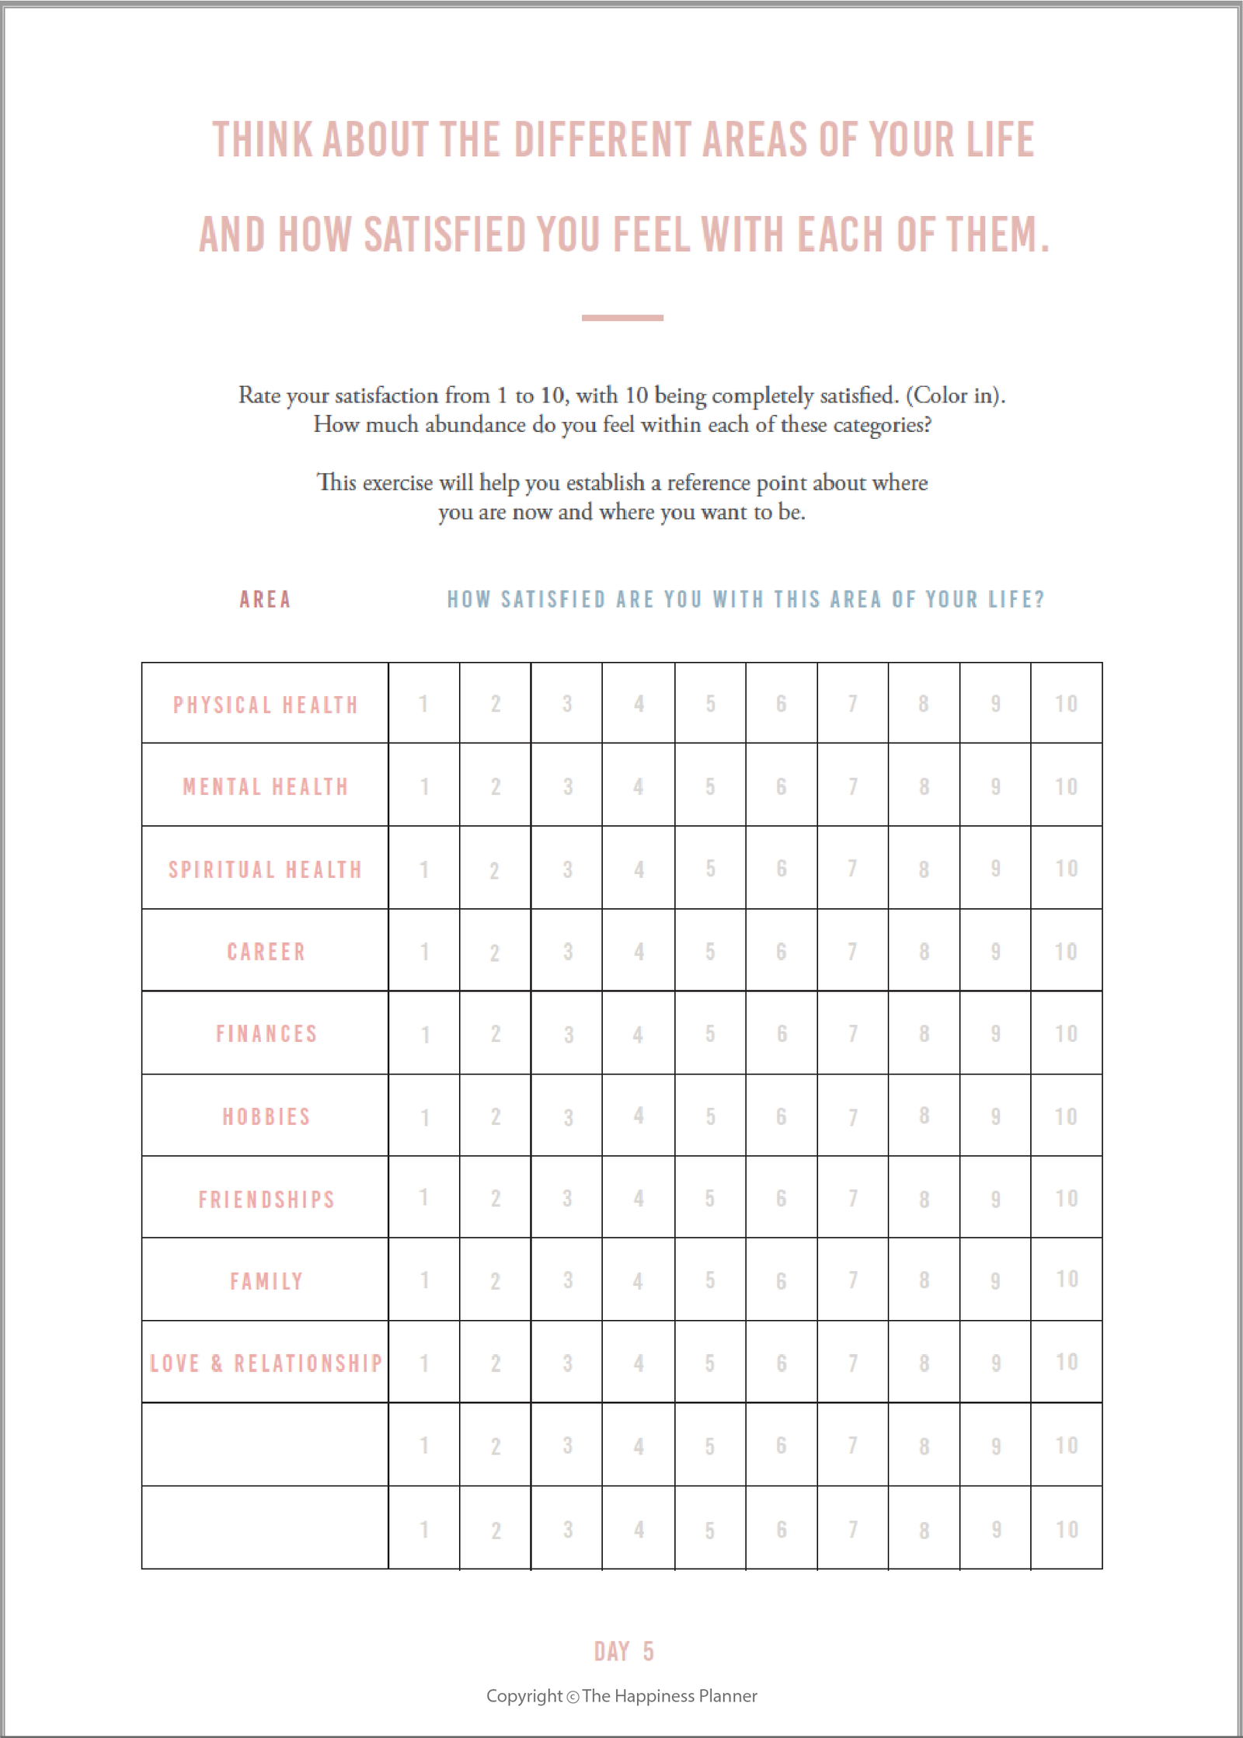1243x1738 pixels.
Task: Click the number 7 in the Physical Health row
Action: tap(852, 704)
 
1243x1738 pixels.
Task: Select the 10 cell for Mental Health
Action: tap(1066, 786)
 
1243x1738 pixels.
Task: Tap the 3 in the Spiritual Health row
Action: tap(567, 869)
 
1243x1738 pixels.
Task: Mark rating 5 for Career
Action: tap(710, 952)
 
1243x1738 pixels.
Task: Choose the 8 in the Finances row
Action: tap(924, 1034)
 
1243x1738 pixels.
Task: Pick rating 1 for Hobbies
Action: tap(425, 1117)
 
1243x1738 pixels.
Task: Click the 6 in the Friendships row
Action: tap(782, 1199)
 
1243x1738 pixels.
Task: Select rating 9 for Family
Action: tap(995, 1281)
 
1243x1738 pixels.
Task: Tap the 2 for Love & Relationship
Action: tap(496, 1364)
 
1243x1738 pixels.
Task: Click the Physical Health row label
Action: tap(266, 705)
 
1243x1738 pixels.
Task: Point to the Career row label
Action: tap(266, 952)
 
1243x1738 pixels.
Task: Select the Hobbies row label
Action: tap(266, 1117)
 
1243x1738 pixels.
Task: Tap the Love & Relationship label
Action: tap(266, 1364)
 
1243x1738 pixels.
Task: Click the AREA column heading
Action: tap(265, 600)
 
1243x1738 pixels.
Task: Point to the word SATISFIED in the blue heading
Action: tap(552, 600)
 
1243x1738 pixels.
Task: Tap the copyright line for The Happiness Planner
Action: tap(621, 1696)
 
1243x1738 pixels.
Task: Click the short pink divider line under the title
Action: tap(622, 318)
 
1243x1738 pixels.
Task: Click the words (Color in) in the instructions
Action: tap(955, 395)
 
